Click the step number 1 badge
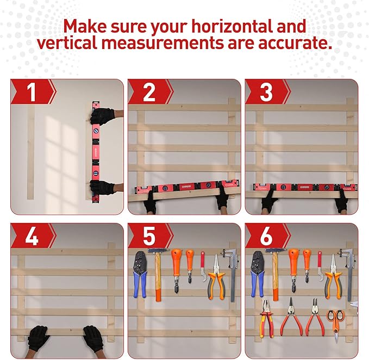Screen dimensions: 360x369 coord(32,92)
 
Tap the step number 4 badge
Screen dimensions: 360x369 coord(32,237)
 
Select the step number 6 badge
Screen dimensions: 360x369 coord(266,237)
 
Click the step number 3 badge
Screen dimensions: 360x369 coord(266,92)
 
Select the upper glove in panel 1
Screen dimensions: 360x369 coord(102,116)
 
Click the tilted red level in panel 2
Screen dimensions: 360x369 coord(185,188)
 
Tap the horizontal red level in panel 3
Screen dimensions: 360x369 coord(301,187)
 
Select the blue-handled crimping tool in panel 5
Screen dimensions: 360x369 coord(140,275)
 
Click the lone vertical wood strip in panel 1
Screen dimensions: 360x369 coord(31,152)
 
